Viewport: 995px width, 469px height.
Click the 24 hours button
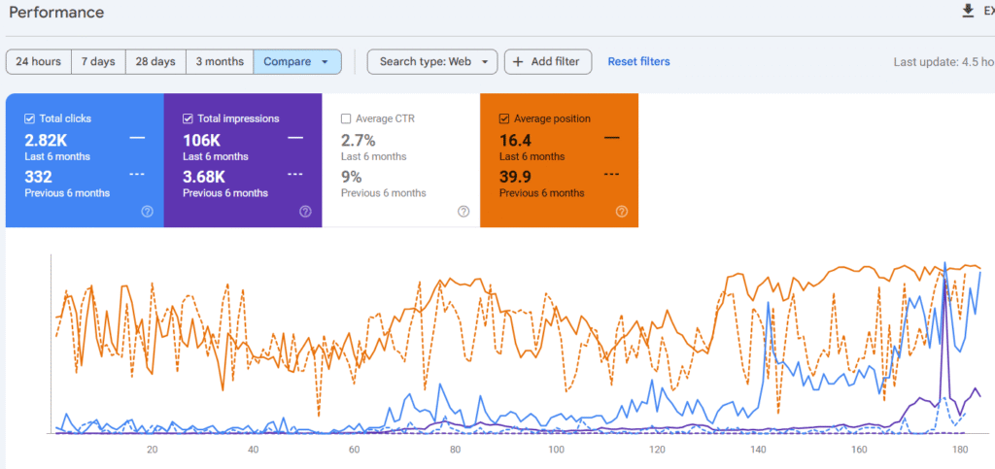click(x=38, y=61)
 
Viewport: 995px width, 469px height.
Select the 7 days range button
click(x=97, y=61)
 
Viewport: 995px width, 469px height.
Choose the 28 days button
click(x=155, y=61)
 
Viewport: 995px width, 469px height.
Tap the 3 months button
click(x=220, y=61)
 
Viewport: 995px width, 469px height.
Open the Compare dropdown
click(x=297, y=61)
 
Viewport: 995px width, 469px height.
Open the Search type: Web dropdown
click(x=432, y=61)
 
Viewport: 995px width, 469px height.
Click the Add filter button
click(x=547, y=61)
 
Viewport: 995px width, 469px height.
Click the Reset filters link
click(x=638, y=61)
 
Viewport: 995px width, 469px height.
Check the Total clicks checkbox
click(x=30, y=118)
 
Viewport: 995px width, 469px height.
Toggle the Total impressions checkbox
click(x=189, y=118)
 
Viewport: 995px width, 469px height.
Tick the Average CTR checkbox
click(x=346, y=118)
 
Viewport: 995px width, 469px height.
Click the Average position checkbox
click(x=504, y=118)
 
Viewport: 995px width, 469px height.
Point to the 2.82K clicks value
click(x=46, y=139)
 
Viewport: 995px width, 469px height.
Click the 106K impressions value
click(x=203, y=139)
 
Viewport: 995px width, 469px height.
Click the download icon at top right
click(x=967, y=11)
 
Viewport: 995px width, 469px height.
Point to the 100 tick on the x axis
click(x=556, y=450)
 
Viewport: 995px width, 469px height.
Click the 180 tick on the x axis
click(x=960, y=450)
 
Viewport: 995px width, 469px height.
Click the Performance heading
click(x=55, y=13)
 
